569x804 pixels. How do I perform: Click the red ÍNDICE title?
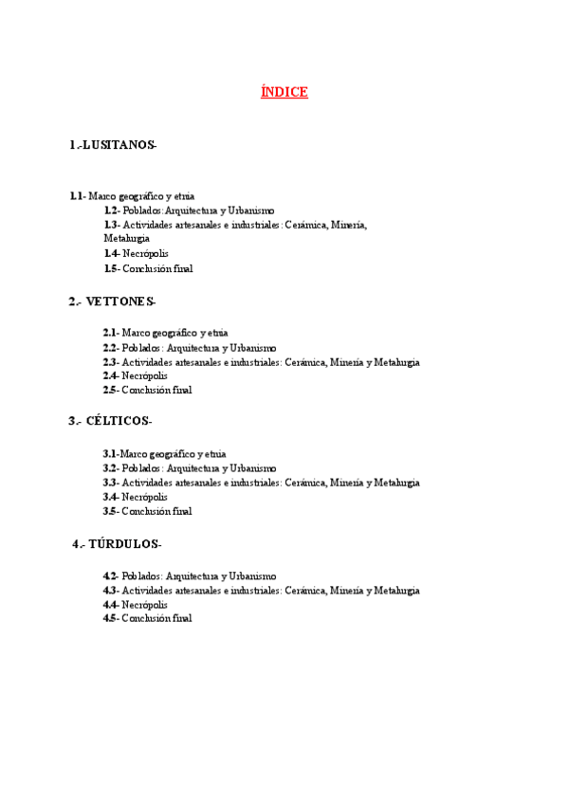click(284, 92)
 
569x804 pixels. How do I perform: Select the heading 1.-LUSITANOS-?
click(113, 145)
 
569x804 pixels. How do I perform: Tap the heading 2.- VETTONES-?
click(112, 301)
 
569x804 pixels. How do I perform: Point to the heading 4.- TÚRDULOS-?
click(118, 544)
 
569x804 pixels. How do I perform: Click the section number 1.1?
click(76, 196)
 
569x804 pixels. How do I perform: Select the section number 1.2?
click(111, 210)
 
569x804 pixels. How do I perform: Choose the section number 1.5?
click(110, 268)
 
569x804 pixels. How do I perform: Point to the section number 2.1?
click(110, 333)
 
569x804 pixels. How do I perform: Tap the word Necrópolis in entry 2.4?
click(145, 375)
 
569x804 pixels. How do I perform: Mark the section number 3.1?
click(109, 454)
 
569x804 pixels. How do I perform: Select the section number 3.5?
click(110, 511)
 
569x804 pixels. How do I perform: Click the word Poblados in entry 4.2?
click(141, 576)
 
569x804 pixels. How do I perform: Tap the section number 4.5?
click(110, 618)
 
